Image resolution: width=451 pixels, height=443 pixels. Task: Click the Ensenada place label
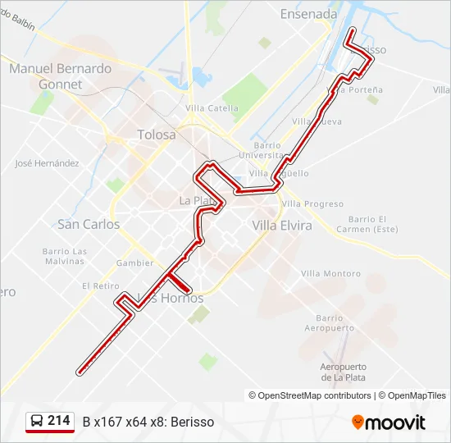pos(308,14)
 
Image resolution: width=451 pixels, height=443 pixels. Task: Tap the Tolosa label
pos(156,135)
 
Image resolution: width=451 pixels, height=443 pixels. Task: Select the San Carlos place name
pos(89,224)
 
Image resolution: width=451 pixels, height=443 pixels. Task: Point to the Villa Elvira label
pos(282,225)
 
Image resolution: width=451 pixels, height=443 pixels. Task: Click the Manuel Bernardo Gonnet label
pos(61,76)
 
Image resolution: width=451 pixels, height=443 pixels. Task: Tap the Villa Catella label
pos(212,108)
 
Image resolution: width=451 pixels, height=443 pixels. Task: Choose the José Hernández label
pos(47,163)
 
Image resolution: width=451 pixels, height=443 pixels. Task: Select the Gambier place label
pos(134,263)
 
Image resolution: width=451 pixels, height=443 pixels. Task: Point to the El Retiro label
pos(100,285)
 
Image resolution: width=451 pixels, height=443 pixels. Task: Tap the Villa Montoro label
pos(330,273)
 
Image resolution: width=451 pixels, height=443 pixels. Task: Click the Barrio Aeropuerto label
pos(329,322)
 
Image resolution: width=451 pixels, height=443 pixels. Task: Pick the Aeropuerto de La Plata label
pos(343,372)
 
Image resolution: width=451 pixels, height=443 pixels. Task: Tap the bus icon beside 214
pos(37,422)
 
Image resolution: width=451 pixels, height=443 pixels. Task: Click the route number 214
pos(59,421)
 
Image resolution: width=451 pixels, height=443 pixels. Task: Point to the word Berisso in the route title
pos(194,422)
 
